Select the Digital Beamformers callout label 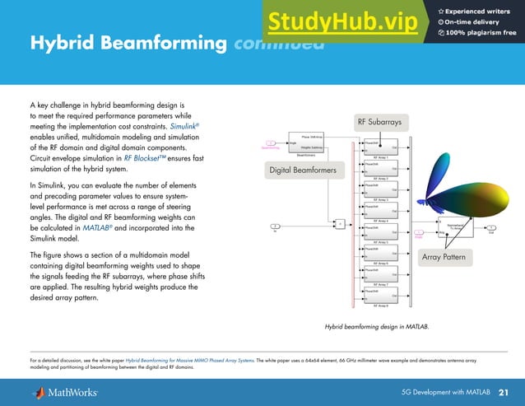[x=304, y=170]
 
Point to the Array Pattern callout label [x=444, y=258]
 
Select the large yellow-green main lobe [x=477, y=189]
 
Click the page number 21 [x=503, y=390]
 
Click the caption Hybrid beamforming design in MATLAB [x=378, y=327]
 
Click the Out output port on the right [x=491, y=232]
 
